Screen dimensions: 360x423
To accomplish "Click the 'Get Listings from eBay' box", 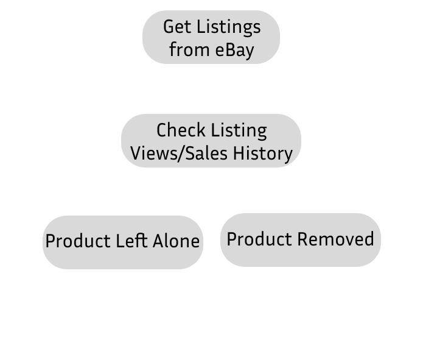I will click(x=211, y=37).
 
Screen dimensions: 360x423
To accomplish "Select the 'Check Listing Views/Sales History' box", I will click(x=211, y=141).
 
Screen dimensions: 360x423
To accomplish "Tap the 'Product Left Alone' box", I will click(x=122, y=242).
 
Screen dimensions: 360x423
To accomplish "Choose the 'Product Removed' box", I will click(x=300, y=239).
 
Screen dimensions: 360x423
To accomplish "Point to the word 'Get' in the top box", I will click(x=175, y=27).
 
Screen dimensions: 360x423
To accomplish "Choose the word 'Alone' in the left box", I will click(x=176, y=241).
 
